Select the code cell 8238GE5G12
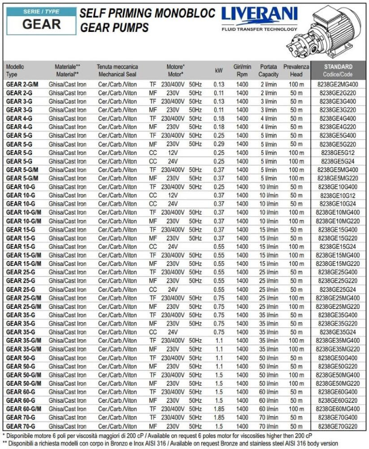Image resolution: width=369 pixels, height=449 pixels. (x=338, y=153)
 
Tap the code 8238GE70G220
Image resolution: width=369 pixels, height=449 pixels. (x=338, y=426)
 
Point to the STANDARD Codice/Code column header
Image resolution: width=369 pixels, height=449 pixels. (x=338, y=70)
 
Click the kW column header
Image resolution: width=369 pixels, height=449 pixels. (x=219, y=70)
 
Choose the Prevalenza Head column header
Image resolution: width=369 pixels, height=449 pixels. (x=296, y=70)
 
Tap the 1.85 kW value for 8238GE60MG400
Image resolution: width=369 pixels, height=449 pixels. (x=219, y=409)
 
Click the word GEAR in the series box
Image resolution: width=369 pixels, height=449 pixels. (x=41, y=24)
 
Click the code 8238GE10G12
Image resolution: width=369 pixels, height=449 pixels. (x=338, y=195)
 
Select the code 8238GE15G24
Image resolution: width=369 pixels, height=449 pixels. (x=338, y=247)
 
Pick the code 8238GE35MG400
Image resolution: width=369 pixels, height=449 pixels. (x=338, y=340)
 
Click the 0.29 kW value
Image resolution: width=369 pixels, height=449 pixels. (x=219, y=144)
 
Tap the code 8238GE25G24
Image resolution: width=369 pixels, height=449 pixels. (x=338, y=289)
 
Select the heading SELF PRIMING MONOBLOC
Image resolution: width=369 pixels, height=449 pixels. (x=147, y=13)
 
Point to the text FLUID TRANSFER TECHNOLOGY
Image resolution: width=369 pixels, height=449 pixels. (x=259, y=29)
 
